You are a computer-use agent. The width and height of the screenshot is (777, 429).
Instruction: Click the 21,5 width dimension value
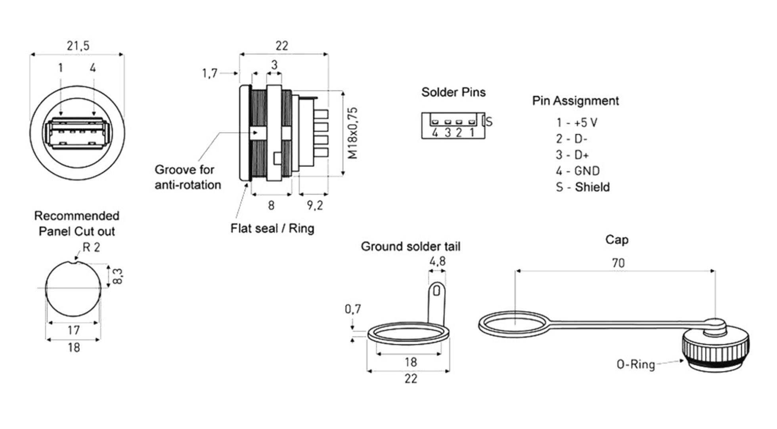click(x=78, y=46)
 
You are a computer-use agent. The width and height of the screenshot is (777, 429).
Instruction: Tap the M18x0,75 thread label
click(x=352, y=133)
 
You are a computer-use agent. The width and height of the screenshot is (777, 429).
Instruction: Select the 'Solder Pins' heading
click(x=453, y=92)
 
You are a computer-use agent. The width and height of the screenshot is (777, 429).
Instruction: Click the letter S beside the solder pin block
click(x=489, y=121)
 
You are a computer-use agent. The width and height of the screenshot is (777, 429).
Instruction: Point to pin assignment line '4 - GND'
click(x=577, y=171)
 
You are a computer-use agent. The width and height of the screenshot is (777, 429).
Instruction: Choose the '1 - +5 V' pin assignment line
click(x=576, y=123)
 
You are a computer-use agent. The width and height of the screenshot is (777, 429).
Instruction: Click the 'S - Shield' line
click(x=582, y=187)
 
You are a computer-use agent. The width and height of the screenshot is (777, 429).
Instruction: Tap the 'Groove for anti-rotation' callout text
click(x=187, y=177)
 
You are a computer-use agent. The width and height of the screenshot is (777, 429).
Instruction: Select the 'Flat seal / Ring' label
click(x=272, y=228)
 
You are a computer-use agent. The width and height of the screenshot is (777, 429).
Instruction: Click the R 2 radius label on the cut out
click(x=91, y=247)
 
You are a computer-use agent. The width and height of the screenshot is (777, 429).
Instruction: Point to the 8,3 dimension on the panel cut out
click(x=118, y=276)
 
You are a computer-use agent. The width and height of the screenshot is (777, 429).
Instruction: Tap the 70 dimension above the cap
click(x=618, y=263)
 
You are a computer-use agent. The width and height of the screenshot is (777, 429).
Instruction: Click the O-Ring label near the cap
click(x=635, y=364)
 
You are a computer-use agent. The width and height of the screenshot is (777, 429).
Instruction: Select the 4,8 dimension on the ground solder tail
click(x=437, y=261)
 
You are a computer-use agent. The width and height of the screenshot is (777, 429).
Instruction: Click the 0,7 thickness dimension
click(x=353, y=309)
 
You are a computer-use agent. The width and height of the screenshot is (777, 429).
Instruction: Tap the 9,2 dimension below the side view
click(x=315, y=205)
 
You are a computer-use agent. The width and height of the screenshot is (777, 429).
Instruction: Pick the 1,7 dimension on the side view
click(x=210, y=73)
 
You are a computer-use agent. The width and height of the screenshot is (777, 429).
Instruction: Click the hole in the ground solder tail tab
click(x=436, y=291)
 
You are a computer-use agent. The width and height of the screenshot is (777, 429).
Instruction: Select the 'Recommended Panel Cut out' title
click(x=77, y=224)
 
